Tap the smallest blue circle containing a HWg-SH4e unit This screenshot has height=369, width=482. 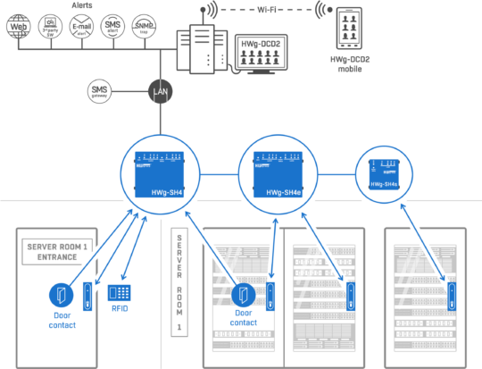click(x=384, y=173)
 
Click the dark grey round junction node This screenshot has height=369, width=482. click(x=160, y=90)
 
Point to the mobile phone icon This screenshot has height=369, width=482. click(x=350, y=28)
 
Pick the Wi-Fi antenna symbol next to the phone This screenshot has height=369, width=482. click(x=319, y=10)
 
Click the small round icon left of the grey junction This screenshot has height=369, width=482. click(x=100, y=90)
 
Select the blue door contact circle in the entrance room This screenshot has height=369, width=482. click(x=62, y=296)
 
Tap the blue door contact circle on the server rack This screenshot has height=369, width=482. click(x=244, y=295)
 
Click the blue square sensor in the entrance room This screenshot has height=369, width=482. click(x=119, y=292)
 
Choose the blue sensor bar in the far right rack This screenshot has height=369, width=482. click(x=452, y=296)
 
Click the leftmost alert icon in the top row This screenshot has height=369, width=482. click(x=17, y=26)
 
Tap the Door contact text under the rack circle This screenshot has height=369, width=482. click(x=244, y=316)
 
